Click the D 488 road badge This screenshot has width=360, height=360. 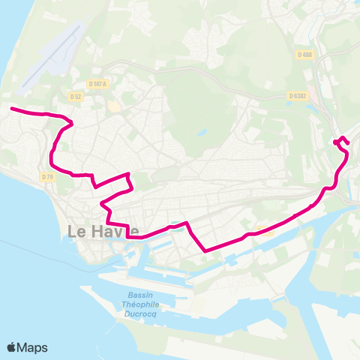304,54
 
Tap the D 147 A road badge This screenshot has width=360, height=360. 97,85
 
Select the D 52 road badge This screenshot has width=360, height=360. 75,96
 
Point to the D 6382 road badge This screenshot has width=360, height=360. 298,95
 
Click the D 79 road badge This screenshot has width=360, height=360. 49,176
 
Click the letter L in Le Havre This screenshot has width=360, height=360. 73,232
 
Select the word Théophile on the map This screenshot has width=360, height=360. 139,304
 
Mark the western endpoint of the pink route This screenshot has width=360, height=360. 11,109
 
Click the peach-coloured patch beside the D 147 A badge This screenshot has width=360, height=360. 113,106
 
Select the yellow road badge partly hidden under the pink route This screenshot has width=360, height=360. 262,229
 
